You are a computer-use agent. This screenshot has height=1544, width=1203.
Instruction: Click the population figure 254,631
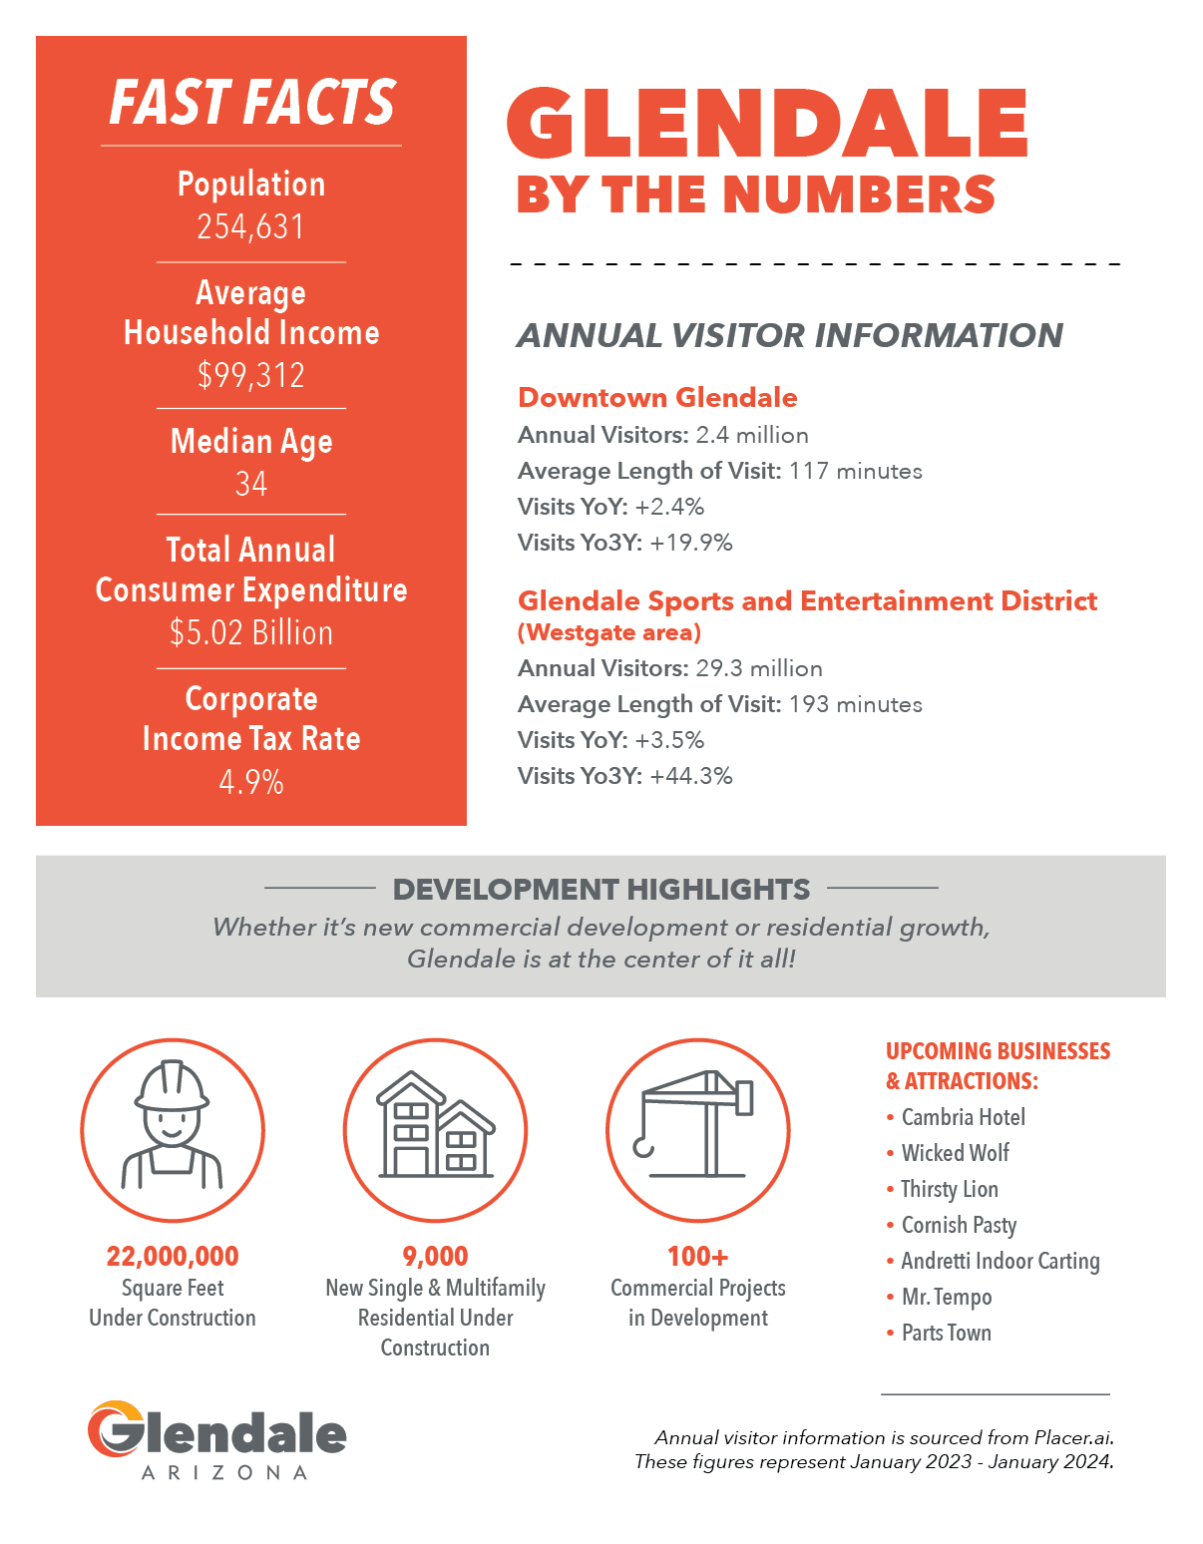(250, 226)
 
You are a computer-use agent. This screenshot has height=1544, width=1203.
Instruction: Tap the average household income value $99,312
(250, 374)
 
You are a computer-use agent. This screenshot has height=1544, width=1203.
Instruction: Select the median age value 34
(250, 484)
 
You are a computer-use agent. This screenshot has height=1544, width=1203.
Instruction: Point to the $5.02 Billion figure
(250, 632)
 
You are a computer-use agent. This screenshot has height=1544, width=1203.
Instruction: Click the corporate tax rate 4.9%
(250, 782)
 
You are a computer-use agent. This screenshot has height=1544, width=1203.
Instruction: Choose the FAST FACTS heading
(251, 103)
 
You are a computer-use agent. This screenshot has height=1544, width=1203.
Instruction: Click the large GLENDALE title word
(767, 123)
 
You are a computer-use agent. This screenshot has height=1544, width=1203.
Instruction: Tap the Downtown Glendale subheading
(657, 398)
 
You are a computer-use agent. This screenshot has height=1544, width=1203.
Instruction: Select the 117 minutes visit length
(856, 471)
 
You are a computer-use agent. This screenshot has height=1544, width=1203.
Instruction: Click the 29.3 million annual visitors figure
(759, 668)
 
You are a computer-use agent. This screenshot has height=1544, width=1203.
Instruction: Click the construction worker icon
(172, 1125)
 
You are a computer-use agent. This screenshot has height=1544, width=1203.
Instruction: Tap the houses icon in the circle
(436, 1125)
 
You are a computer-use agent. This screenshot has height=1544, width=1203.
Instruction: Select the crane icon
(697, 1123)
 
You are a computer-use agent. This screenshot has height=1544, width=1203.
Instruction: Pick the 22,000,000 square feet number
(173, 1256)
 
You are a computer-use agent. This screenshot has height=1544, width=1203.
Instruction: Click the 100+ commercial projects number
(698, 1256)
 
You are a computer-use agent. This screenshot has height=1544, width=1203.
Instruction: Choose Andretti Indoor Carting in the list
(1001, 1261)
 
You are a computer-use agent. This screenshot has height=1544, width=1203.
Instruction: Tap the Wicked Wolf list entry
(955, 1152)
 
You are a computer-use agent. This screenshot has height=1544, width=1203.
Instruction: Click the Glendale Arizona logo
(217, 1439)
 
